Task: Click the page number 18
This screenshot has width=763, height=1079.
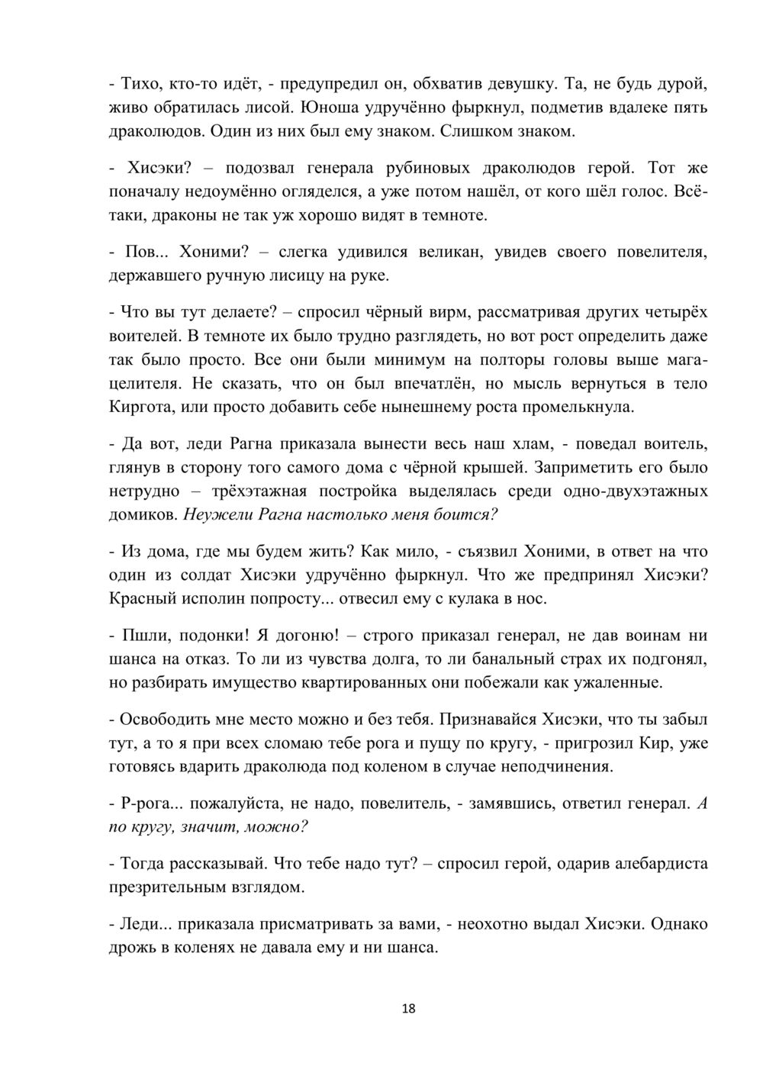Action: click(408, 1009)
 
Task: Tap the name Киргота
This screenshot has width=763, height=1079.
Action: click(142, 407)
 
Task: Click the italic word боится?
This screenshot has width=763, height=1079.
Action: click(466, 516)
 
